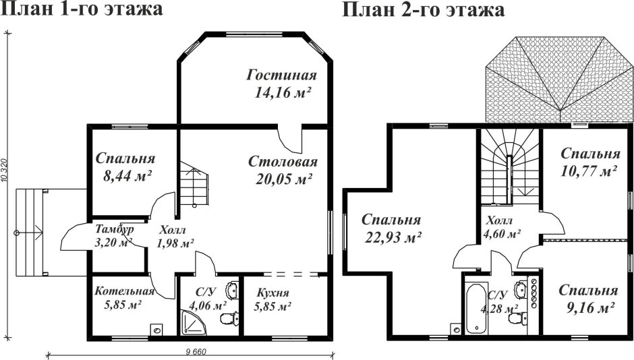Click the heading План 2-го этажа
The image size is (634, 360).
[x=424, y=11]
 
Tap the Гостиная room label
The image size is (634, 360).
[x=281, y=74]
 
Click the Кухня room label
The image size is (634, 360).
[x=272, y=293]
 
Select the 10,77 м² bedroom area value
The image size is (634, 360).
[x=589, y=171]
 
